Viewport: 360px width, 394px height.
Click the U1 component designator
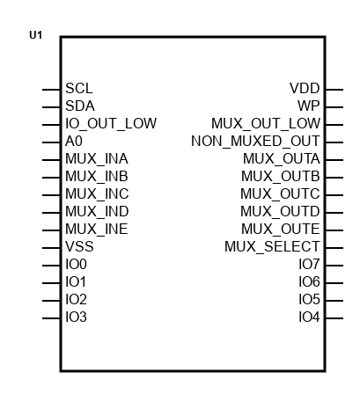coord(36,35)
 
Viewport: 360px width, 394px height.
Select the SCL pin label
coord(79,88)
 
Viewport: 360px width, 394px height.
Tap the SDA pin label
coord(80,106)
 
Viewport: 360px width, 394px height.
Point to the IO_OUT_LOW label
coord(111,124)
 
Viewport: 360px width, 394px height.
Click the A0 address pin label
coord(74,141)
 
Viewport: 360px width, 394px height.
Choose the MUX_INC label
coord(97,194)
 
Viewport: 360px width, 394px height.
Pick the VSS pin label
coord(79,246)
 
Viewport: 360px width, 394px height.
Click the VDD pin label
coord(305,88)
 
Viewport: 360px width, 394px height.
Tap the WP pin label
coord(309,106)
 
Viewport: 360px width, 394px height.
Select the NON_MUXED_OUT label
coord(255,142)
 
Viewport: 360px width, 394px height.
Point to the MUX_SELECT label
coord(272,247)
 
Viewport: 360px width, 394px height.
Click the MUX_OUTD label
coord(280,212)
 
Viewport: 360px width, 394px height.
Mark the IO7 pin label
coord(309,264)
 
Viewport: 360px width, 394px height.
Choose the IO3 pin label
coord(76,317)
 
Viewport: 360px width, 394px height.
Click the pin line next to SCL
coord(51,90)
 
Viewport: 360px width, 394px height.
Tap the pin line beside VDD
coord(334,90)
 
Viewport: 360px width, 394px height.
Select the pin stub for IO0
coord(51,266)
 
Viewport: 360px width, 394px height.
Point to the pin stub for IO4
coord(334,318)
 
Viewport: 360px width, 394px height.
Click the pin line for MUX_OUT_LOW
coord(334,125)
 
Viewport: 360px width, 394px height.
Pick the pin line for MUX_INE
coord(51,230)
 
